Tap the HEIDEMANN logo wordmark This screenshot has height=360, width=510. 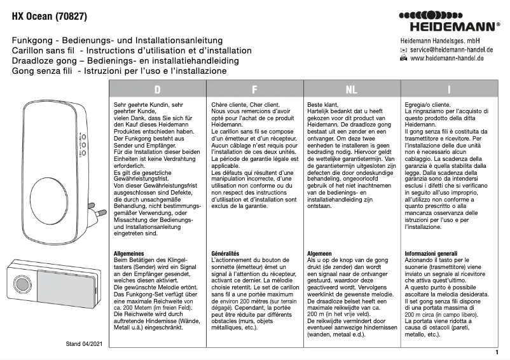click(454, 27)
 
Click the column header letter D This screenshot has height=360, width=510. click(157, 90)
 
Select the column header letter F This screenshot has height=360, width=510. click(254, 90)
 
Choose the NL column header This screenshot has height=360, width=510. click(351, 90)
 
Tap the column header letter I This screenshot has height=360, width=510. click(449, 90)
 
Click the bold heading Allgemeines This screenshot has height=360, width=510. click(128, 253)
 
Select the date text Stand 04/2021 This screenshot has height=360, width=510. click(85, 343)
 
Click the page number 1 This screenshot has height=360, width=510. click(496, 351)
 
